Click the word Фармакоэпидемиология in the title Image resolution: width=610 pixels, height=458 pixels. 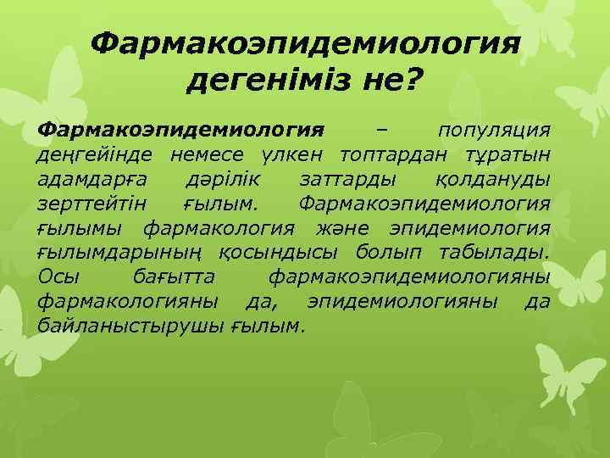(x=304, y=42)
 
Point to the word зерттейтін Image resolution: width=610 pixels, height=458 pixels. (x=92, y=204)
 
